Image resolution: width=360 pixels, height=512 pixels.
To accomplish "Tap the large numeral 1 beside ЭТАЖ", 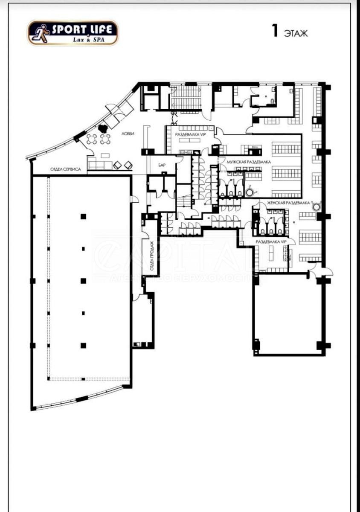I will coord(276,31).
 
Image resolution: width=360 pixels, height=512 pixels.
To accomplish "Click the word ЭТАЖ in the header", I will coord(296,33).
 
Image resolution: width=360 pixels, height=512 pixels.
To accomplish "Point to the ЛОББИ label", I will coord(128,134).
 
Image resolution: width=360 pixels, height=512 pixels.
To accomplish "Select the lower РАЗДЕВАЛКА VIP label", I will coord(270,241).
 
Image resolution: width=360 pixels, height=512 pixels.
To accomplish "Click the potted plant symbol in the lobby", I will coord(102,128).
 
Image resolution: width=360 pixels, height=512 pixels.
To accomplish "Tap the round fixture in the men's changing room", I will coord(250,191).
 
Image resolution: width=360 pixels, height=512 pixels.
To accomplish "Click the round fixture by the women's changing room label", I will coord(316,207).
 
